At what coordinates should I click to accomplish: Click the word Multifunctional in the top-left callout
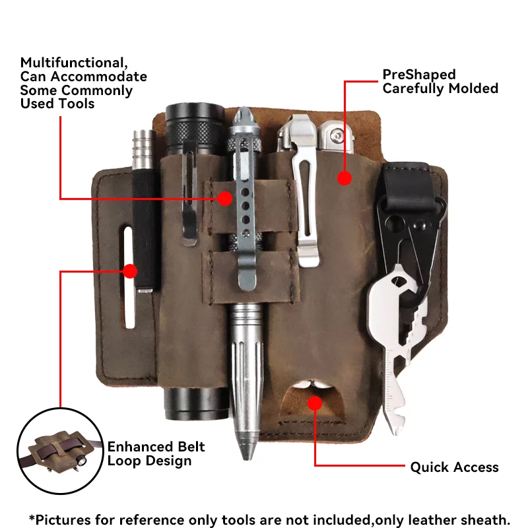(73, 63)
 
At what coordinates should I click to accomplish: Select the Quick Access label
(454, 467)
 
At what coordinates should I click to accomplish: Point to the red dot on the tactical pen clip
(226, 198)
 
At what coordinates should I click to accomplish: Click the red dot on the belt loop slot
(130, 271)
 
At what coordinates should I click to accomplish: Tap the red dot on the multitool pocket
(344, 178)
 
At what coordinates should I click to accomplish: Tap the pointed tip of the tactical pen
(250, 455)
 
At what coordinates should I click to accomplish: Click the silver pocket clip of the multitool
(307, 198)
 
